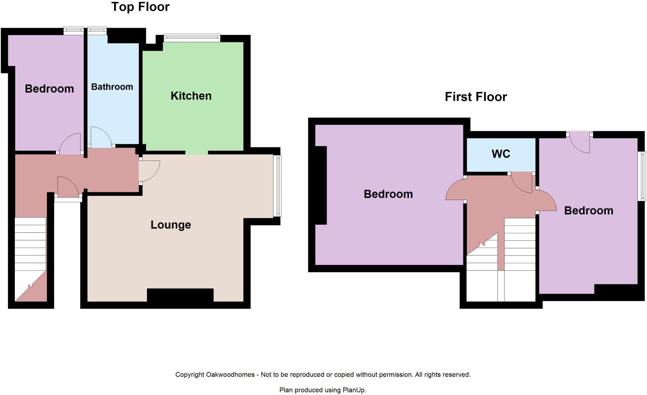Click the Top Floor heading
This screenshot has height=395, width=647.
click(140, 7)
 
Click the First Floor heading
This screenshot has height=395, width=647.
click(475, 97)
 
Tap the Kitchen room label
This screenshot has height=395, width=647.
click(191, 96)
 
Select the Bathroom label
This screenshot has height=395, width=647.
click(112, 87)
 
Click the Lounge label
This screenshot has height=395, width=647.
click(171, 225)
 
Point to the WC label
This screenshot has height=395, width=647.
click(501, 154)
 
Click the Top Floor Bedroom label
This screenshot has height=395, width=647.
click(49, 89)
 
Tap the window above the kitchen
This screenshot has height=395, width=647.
click(192, 38)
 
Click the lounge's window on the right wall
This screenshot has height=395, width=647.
click(277, 186)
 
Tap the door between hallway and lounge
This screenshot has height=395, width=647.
click(149, 171)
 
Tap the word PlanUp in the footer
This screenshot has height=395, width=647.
click(354, 390)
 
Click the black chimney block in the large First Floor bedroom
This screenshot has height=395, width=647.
click(321, 185)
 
